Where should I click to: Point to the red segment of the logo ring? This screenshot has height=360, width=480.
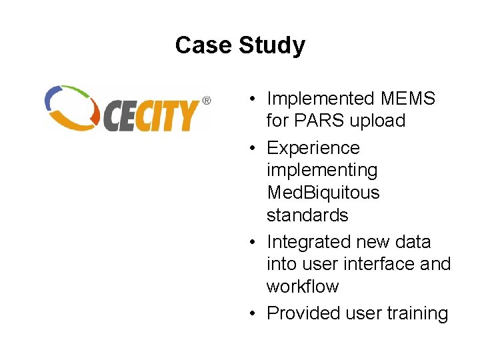tap(96, 117)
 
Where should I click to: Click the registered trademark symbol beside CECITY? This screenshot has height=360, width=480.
tap(206, 101)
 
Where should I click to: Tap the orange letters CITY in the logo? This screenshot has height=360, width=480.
tap(169, 115)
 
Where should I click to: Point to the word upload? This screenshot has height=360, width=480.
tap(381, 121)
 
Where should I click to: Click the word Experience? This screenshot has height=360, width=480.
tap(313, 148)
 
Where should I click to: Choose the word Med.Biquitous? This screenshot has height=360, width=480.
tap(323, 193)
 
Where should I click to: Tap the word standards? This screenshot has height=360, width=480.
tap(307, 215)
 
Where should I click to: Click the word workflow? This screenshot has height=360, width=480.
tap(303, 287)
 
